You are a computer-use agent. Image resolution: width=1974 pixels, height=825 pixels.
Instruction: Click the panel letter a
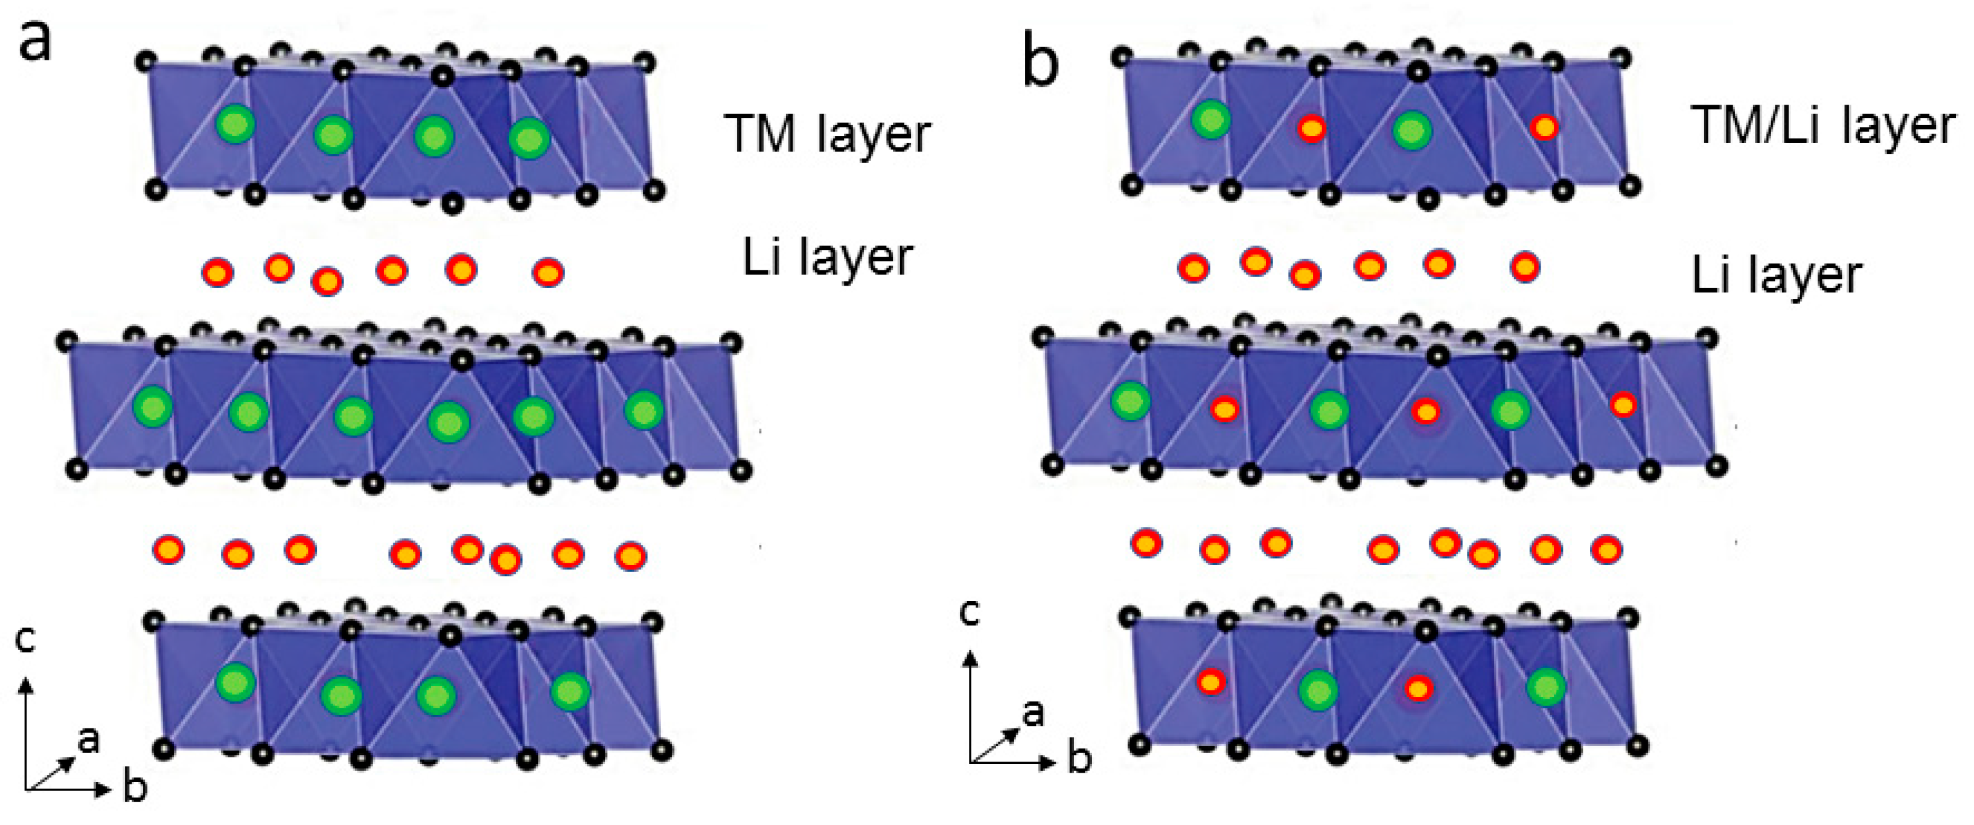[x=35, y=41]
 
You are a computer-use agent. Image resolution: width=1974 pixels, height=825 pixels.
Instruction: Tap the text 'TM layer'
[x=828, y=135]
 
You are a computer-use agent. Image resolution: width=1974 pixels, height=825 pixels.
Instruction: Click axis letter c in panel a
[x=25, y=640]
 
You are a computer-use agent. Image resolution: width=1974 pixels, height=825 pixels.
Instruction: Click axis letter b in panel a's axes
[x=135, y=787]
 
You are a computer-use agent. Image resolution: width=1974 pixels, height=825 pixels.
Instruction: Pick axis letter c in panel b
[x=970, y=613]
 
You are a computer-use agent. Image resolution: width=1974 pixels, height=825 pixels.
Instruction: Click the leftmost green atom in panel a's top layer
[x=235, y=124]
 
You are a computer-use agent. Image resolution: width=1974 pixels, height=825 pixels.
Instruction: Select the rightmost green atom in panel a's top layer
[x=529, y=139]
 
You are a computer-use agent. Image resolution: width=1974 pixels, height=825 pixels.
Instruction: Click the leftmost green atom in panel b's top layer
[x=1211, y=119]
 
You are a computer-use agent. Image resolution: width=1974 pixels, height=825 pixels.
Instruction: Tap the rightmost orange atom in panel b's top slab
[x=1544, y=126]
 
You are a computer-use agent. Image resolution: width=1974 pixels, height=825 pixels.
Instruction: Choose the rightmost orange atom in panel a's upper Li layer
[x=548, y=272]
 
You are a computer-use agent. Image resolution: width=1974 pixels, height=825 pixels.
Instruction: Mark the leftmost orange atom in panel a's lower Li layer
[x=169, y=550]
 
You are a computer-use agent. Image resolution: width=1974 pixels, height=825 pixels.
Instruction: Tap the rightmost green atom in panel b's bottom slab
[x=1546, y=687]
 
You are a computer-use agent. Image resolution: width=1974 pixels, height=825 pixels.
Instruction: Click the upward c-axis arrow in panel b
[x=971, y=706]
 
